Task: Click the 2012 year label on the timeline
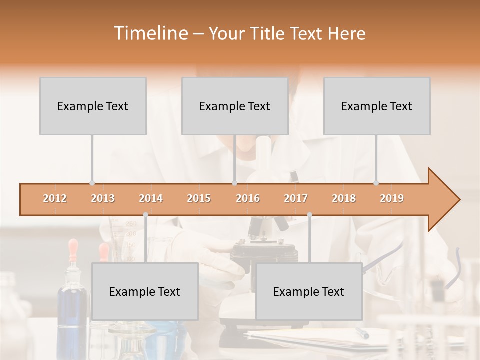(55, 198)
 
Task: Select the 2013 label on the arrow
(103, 198)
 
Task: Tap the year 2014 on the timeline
(151, 198)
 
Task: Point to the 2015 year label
(199, 198)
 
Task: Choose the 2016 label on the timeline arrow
(248, 198)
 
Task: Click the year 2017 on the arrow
(296, 198)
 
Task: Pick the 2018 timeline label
(344, 198)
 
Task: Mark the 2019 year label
(392, 198)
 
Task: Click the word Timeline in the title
(149, 33)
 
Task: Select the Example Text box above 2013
(93, 106)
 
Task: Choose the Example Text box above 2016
(235, 106)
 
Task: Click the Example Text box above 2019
(377, 106)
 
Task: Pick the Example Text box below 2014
(145, 291)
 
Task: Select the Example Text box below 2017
(309, 291)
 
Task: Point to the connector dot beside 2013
(92, 183)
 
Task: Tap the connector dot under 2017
(309, 214)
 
